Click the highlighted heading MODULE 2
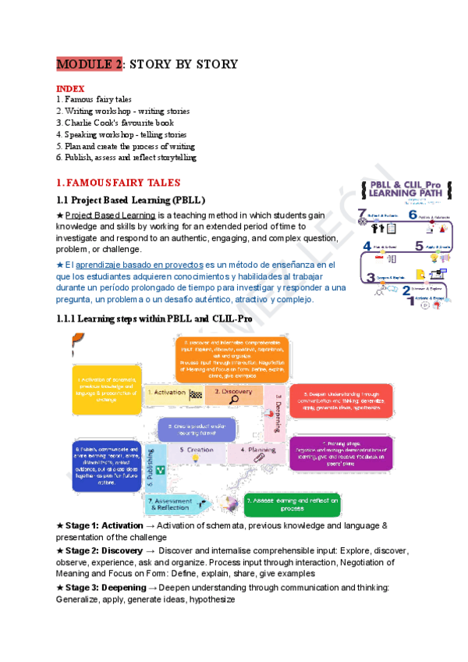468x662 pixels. [89, 64]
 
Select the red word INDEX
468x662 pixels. [70, 89]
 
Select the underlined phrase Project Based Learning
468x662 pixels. [109, 215]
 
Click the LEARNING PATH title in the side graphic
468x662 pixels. [401, 192]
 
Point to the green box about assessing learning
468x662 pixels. [292, 504]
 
